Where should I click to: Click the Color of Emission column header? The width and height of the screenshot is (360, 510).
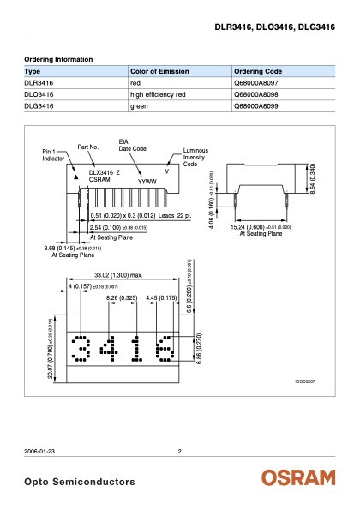tap(159, 70)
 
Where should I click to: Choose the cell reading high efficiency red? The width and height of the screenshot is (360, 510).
tap(160, 95)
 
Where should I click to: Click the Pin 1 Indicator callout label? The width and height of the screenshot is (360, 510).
tap(54, 155)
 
